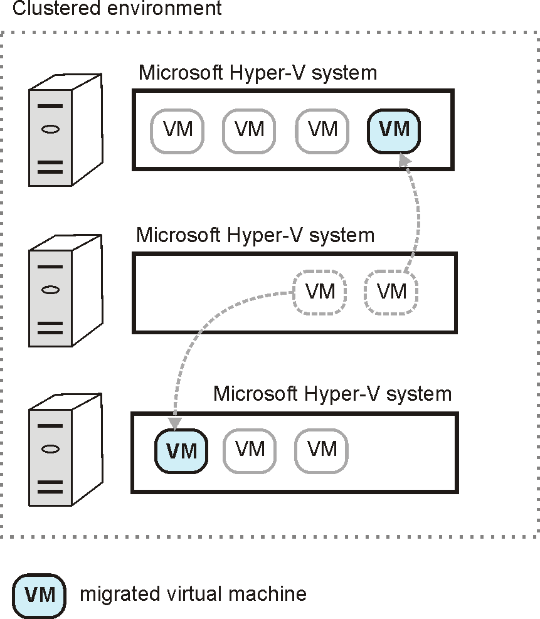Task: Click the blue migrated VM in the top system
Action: (x=394, y=130)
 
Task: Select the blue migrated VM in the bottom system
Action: (x=181, y=450)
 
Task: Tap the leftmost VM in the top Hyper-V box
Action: (x=177, y=130)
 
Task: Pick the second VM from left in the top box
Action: (x=249, y=130)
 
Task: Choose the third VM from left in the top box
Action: (x=322, y=130)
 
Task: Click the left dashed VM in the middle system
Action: (x=320, y=292)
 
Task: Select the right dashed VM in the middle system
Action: (x=391, y=292)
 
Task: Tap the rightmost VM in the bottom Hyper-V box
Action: (x=322, y=450)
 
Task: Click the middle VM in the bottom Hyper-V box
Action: (x=250, y=450)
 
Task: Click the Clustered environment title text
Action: (x=117, y=9)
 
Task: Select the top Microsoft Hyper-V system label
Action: (x=257, y=73)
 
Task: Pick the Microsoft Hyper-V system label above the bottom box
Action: (x=332, y=394)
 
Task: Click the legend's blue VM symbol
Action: (x=40, y=594)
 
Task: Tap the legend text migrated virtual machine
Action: (x=193, y=594)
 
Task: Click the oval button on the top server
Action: (x=51, y=130)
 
